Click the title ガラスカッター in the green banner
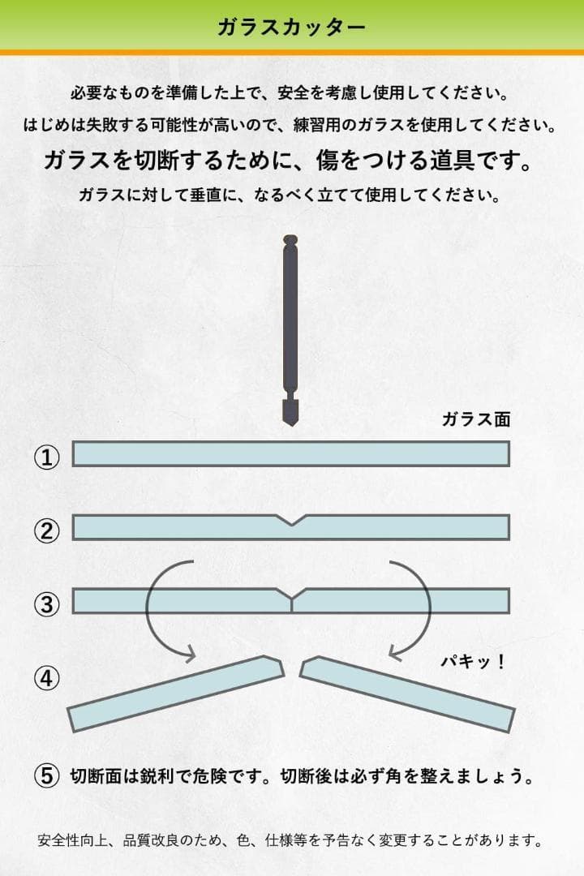click(292, 27)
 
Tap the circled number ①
click(47, 457)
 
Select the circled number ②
click(47, 530)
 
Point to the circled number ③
click(47, 604)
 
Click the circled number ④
click(47, 677)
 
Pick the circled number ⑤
click(47, 775)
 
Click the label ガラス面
click(476, 419)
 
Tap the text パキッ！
click(473, 662)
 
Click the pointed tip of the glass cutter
click(290, 425)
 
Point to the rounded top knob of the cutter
click(290, 240)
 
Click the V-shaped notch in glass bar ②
click(291, 520)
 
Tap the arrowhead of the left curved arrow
click(189, 653)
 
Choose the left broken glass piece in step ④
click(176, 693)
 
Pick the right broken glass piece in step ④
click(407, 693)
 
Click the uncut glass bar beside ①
click(291, 453)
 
